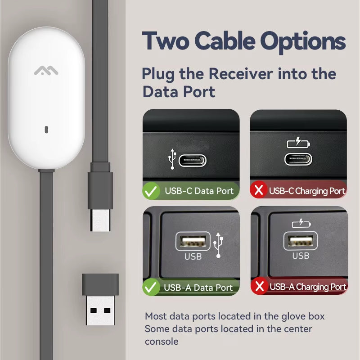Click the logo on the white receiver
click(x=46, y=71)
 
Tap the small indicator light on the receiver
click(x=46, y=130)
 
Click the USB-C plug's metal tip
click(x=100, y=220)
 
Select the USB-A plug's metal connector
click(x=100, y=310)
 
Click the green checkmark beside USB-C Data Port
click(x=151, y=191)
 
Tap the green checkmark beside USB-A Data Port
click(x=151, y=287)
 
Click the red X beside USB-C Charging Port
click(x=259, y=190)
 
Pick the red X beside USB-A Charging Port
click(x=260, y=286)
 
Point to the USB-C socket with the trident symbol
click(x=193, y=161)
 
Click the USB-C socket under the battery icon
click(x=298, y=159)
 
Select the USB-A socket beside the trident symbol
click(x=193, y=241)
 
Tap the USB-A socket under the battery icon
click(x=301, y=241)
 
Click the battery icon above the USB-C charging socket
click(x=298, y=143)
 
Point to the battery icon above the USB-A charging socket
click(x=301, y=223)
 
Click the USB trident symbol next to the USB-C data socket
click(x=172, y=159)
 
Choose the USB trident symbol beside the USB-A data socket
click(x=218, y=245)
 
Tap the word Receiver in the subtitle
click(x=241, y=74)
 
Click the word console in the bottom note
click(x=162, y=342)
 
